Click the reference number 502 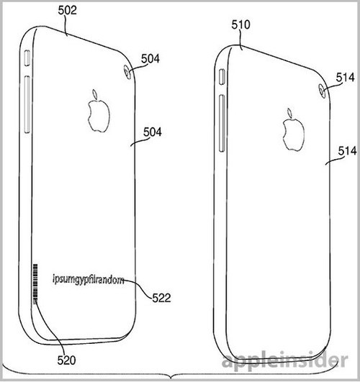(x=67, y=10)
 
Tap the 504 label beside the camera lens (x=150, y=59)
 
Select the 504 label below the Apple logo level (x=153, y=132)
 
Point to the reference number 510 (x=240, y=24)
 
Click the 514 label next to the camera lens (x=345, y=78)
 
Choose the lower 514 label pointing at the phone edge (x=347, y=151)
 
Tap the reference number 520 (x=66, y=360)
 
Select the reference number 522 (x=161, y=298)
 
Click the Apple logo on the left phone (x=99, y=111)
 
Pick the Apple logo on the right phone (x=294, y=129)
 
